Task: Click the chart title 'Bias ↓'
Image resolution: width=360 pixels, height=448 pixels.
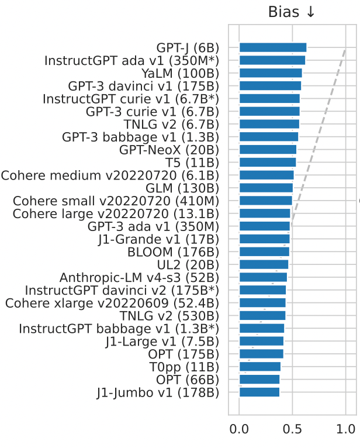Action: pos(292,12)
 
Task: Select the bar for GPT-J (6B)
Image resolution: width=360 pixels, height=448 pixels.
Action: pos(272,47)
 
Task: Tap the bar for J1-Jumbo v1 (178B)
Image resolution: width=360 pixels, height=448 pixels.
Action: pos(259,392)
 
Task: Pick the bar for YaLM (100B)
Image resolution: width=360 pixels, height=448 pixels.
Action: pos(271,73)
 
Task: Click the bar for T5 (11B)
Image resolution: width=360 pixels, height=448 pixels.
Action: pos(268,162)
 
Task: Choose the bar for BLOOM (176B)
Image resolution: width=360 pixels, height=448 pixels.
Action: pos(264,252)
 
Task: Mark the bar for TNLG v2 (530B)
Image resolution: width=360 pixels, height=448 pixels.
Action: pos(262,316)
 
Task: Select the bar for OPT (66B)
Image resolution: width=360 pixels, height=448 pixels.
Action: pos(259,380)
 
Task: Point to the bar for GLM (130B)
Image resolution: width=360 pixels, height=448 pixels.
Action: pos(266,188)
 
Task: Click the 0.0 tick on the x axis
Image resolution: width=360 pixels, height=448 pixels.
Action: pos(239,429)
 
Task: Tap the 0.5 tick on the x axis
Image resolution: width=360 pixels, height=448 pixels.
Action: pos(292,429)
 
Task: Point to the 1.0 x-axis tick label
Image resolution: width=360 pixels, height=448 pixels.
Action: pos(345,429)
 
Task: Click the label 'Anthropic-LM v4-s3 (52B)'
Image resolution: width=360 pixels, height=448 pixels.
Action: pos(140,277)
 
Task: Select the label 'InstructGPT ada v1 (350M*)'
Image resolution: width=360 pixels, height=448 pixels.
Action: pos(132,60)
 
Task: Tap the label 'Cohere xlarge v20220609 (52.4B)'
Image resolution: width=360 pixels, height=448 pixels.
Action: pos(112,303)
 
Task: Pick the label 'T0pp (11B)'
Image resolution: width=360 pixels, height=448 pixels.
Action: pos(184,367)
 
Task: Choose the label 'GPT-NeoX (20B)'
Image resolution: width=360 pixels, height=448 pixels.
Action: pos(169,150)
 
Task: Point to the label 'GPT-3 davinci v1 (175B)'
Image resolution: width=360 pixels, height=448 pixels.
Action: pos(144,86)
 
